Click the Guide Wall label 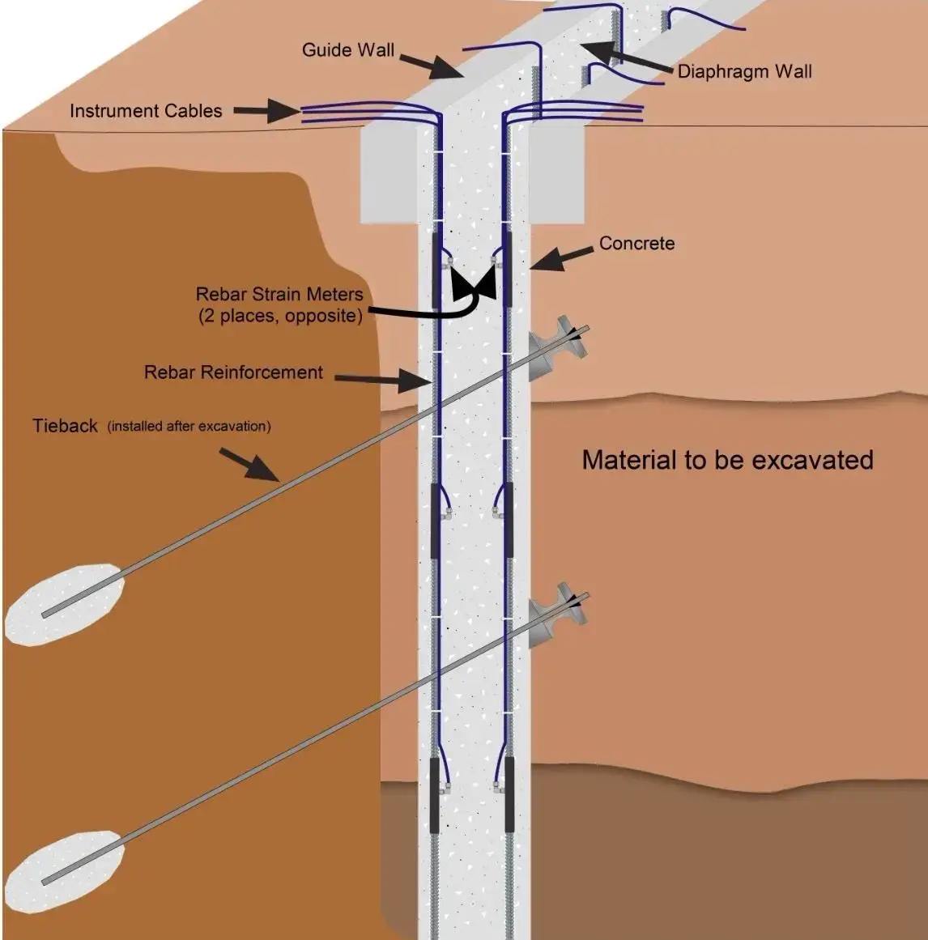click(347, 50)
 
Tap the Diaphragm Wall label click(744, 71)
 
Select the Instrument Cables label click(146, 111)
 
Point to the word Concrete click(636, 243)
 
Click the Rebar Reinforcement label click(233, 372)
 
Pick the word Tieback click(65, 426)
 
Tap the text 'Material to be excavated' click(727, 460)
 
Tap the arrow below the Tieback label click(251, 466)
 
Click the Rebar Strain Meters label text click(279, 295)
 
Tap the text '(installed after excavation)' click(189, 427)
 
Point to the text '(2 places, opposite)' click(280, 316)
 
